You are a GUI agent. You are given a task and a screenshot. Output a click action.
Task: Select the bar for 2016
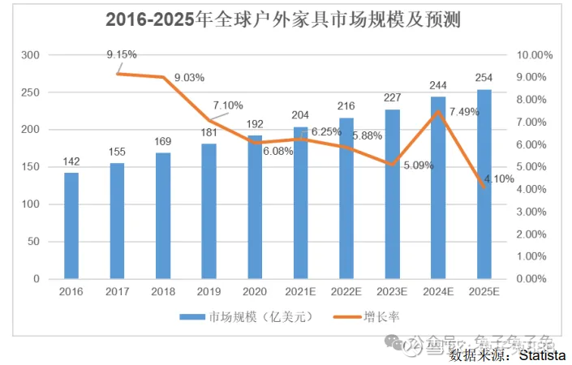(x=71, y=225)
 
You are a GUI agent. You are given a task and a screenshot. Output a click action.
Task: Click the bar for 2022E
(x=346, y=199)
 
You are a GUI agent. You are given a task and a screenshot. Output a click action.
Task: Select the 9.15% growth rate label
(x=122, y=54)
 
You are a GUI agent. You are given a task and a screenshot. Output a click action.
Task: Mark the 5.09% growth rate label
(x=419, y=165)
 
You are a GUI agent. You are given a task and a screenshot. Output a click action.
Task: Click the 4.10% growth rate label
(x=499, y=179)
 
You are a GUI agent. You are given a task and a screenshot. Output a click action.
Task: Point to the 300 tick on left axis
(x=32, y=55)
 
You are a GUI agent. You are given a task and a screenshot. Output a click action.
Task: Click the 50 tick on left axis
(x=34, y=242)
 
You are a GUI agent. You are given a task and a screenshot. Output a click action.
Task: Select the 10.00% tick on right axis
(x=535, y=55)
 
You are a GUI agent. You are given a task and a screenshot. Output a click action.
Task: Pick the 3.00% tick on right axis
(x=535, y=212)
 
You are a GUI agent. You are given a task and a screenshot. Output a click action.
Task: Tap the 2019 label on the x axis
(x=209, y=290)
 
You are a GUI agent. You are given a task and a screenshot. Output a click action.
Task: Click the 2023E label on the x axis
(x=393, y=290)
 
